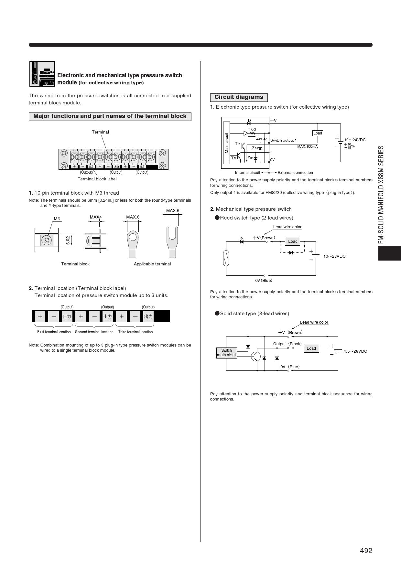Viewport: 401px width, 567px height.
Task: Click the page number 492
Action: pos(366,551)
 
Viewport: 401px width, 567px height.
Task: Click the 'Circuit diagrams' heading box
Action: pos(239,97)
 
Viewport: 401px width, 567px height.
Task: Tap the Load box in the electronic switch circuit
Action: pos(318,133)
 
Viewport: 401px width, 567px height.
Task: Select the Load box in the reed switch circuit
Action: pos(293,241)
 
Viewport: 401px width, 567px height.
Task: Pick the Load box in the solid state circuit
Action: pos(311,348)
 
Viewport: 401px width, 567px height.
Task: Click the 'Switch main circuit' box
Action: pos(226,353)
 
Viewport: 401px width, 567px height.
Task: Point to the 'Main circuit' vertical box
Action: pos(226,143)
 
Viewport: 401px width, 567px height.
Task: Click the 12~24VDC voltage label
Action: pos(355,140)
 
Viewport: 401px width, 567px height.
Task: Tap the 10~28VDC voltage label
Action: pos(334,256)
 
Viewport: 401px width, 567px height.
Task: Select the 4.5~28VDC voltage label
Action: pos(355,351)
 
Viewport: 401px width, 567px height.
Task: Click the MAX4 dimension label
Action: pos(96,217)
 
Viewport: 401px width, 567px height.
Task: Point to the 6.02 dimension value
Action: pos(68,240)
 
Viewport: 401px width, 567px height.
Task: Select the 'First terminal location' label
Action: pos(54,332)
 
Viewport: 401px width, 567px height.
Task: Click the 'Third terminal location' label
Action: pos(135,332)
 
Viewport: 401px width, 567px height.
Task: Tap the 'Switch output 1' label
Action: pos(283,140)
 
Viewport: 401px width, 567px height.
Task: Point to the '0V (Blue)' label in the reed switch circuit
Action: pos(264,281)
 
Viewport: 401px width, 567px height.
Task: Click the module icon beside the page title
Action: pos(42,74)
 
